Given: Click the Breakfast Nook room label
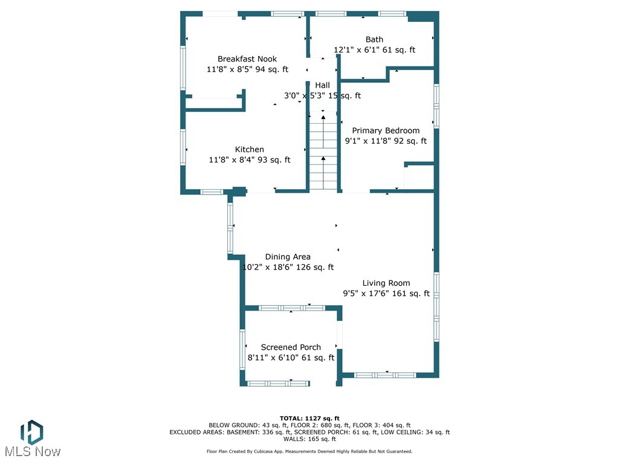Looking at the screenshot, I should coord(247,59).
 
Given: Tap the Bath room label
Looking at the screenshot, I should coord(374,39).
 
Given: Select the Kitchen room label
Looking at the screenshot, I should coord(249,149).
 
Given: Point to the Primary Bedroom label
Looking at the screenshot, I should coord(386,130).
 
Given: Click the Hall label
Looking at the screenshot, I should coord(322,85).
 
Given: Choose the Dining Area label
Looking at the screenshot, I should coord(288,257).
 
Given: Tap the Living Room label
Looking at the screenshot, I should coord(386,283).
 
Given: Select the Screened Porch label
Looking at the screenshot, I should coord(291,347).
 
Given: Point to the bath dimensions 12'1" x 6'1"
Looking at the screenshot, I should coord(374,50).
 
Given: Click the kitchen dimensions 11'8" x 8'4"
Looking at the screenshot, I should coord(249,160).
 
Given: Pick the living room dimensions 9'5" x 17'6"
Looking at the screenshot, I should coord(386,294).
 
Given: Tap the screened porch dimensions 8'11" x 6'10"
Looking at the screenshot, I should coord(291,358).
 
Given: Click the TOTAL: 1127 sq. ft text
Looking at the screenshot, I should coord(309,418).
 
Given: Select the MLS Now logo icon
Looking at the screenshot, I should coord(31,433).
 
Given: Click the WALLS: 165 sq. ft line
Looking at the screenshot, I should coord(309,439).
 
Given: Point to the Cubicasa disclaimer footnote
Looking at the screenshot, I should coord(309,451).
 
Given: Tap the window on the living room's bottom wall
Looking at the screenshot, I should coord(385,375).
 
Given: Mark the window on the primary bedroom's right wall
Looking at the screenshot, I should coord(436,106).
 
